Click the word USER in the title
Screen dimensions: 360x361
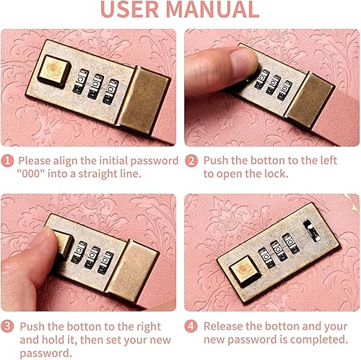132,9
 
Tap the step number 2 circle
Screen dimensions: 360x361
192,161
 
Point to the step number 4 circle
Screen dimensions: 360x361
192,327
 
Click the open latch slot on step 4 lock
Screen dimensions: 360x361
312,231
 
